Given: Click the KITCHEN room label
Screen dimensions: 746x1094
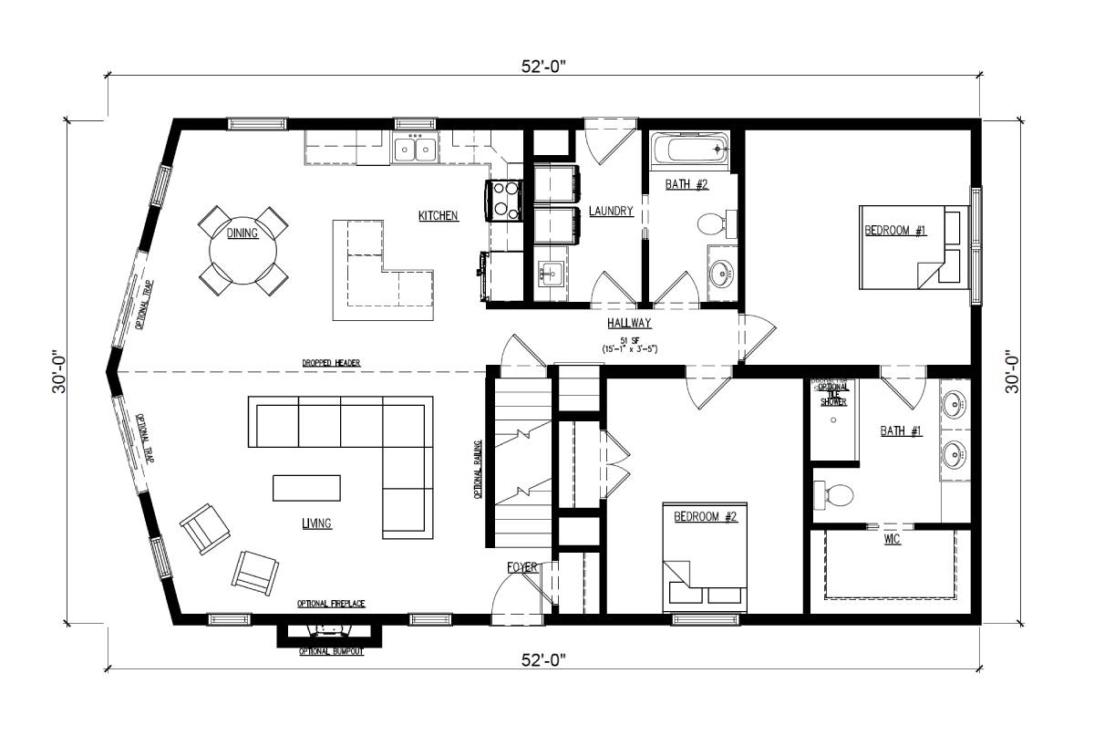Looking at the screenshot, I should click(x=438, y=216).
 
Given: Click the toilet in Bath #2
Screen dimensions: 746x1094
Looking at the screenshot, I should click(x=714, y=224).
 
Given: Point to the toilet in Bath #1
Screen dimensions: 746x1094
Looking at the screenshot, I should click(x=834, y=495).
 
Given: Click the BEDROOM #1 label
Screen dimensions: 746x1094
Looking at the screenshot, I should click(x=895, y=231).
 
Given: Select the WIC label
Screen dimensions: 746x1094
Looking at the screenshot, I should click(x=892, y=540).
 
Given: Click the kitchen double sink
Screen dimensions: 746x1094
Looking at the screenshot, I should click(x=413, y=149).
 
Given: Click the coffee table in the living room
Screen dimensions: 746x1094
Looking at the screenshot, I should click(x=307, y=488).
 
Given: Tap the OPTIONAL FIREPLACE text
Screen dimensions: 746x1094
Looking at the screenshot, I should click(x=331, y=605).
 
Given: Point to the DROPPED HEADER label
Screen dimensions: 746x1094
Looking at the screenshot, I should click(x=331, y=363).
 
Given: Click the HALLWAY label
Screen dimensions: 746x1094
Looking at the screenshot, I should click(x=629, y=324).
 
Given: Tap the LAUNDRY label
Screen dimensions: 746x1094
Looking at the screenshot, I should click(x=611, y=212).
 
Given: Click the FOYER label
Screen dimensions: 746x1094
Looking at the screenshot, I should click(x=523, y=568).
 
